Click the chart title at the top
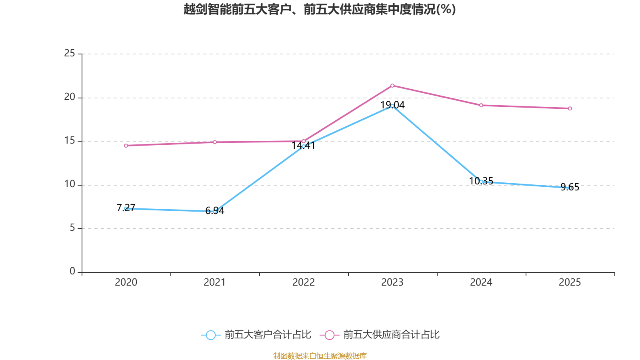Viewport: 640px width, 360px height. (x=320, y=9)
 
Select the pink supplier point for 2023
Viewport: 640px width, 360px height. (x=392, y=86)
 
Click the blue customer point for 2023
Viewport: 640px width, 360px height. (x=392, y=106)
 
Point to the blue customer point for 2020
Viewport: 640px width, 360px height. (x=126, y=209)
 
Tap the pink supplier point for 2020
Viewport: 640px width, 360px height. (x=126, y=146)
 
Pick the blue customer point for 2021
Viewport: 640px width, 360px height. (x=215, y=211)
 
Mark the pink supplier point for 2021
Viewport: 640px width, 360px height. (x=215, y=142)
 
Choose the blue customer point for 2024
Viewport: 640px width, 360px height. (x=481, y=182)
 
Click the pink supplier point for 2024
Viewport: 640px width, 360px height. (x=481, y=105)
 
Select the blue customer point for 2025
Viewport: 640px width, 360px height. (x=570, y=188)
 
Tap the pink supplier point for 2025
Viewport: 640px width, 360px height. (x=570, y=108)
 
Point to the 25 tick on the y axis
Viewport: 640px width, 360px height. (x=70, y=54)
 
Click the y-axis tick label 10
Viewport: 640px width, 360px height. (x=70, y=184)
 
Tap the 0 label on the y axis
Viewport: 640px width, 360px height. (x=72, y=272)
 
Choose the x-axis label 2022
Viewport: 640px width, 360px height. (x=304, y=282)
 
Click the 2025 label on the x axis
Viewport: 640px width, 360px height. (x=570, y=282)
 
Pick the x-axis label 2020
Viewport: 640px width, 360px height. (x=126, y=282)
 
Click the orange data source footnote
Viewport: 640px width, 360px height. (x=320, y=356)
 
